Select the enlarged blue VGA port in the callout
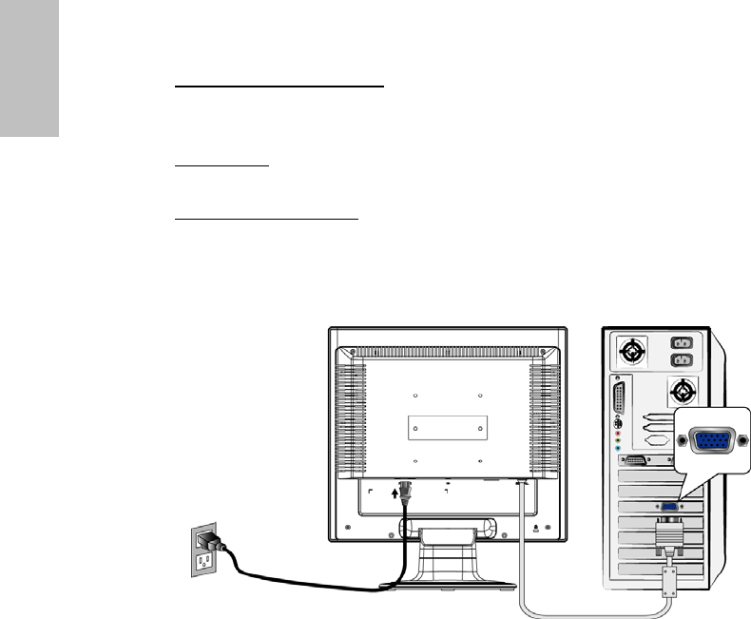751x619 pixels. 710,441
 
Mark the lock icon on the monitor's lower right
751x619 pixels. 536,529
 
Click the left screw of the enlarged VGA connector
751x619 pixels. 684,441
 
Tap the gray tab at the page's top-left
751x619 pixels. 29,68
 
